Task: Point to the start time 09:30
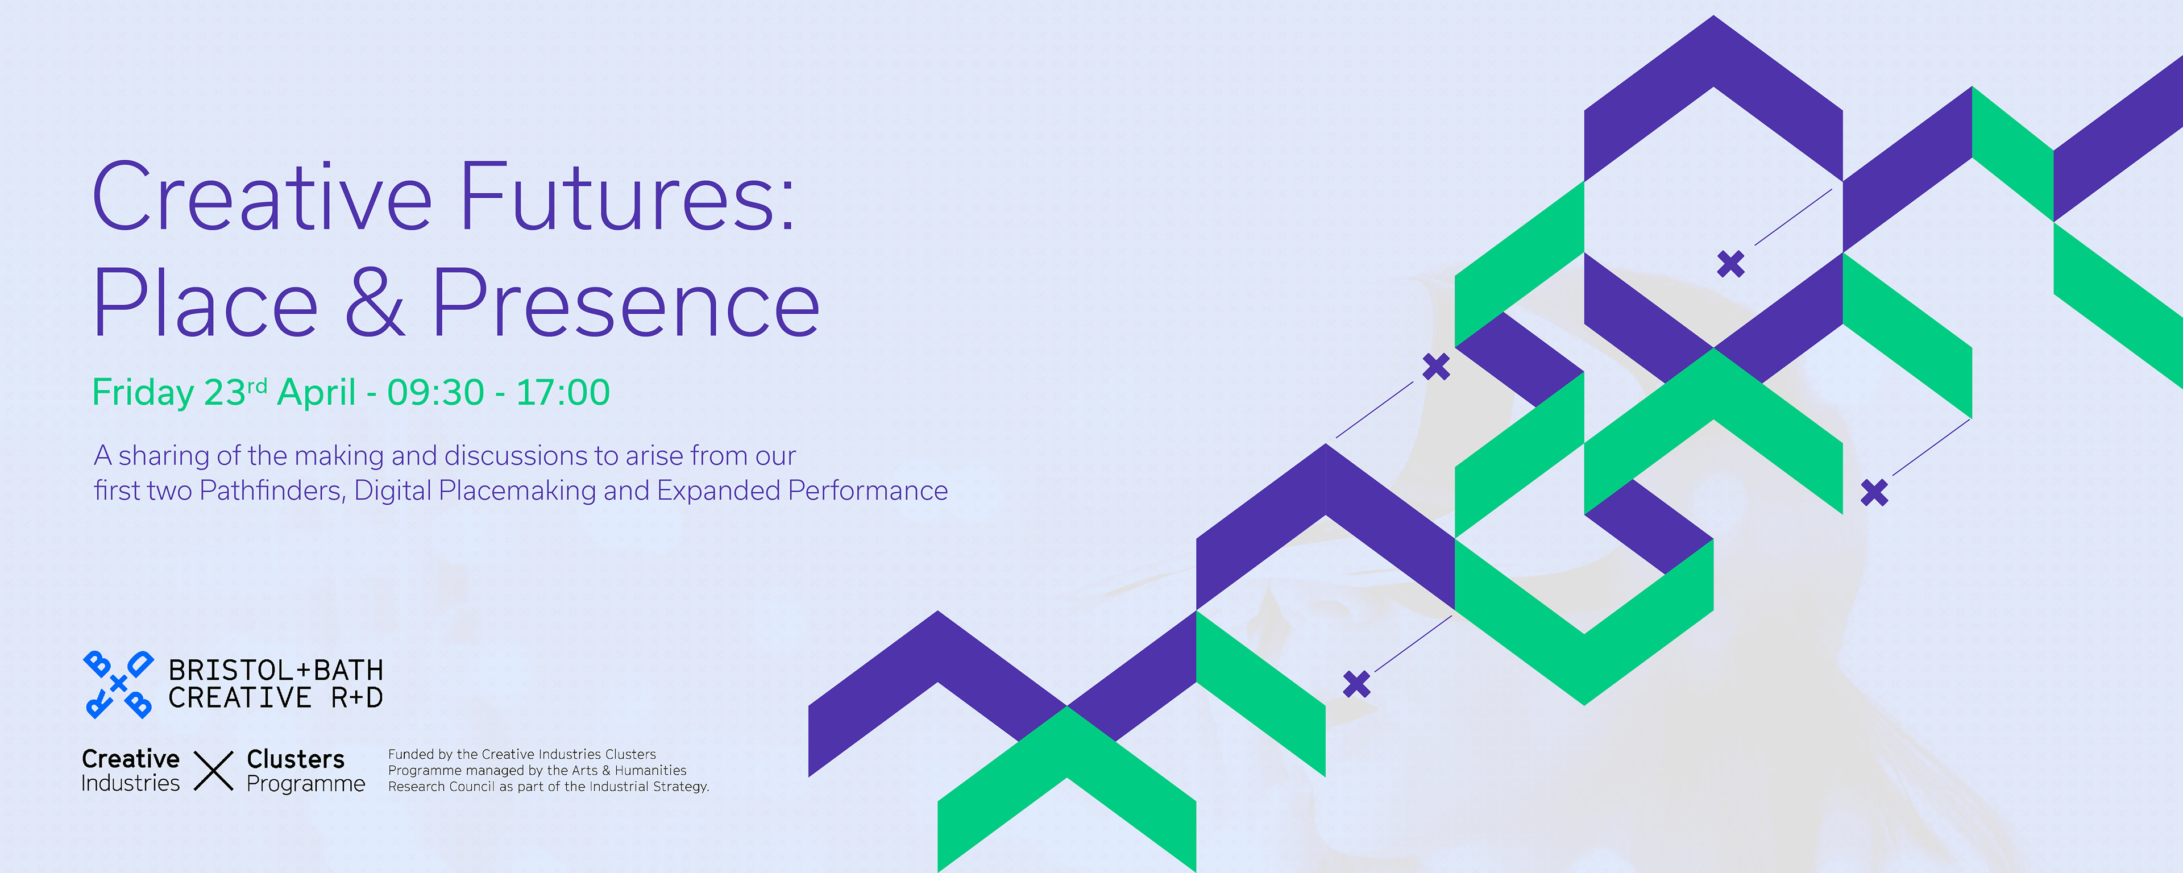[435, 392]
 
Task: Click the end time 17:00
[563, 392]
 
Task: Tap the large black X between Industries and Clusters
[214, 771]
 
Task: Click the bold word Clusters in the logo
[296, 759]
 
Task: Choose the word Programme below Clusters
[306, 784]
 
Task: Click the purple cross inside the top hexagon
[1730, 264]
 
